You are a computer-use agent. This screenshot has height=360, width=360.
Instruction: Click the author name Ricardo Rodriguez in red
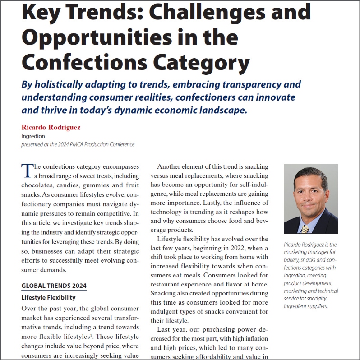coord(51,127)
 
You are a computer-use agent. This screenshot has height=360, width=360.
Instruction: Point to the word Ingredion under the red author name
coord(33,136)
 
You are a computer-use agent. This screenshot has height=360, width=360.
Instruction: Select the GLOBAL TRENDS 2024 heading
coord(54,286)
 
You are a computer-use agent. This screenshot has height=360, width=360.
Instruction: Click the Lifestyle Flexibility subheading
coord(48,298)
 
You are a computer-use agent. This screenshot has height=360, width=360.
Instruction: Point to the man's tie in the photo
coord(305,228)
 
